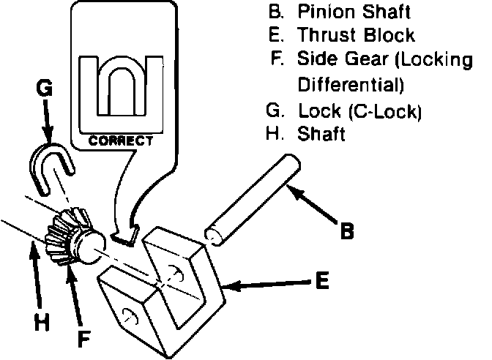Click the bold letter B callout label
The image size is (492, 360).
coord(348,231)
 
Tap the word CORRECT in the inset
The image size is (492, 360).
coord(121,139)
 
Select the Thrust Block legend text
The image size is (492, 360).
coord(357,34)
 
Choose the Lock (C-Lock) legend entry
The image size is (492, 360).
coord(357,112)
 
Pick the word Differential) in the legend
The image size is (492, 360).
coord(351,84)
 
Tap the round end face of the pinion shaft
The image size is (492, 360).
coord(215,236)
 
